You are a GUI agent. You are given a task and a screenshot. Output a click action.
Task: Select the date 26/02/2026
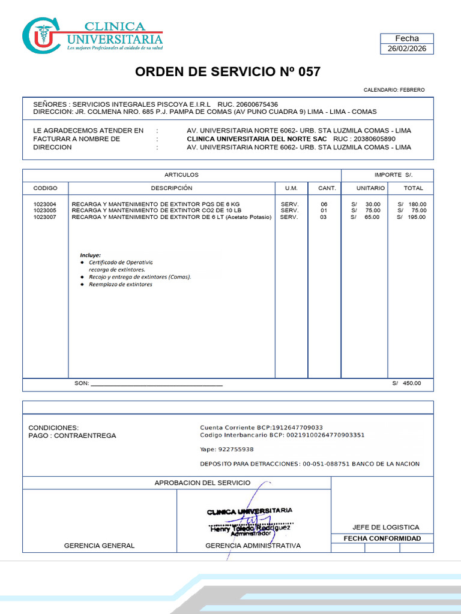coord(407,49)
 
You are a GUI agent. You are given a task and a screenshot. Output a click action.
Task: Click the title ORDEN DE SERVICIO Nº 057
coord(227,72)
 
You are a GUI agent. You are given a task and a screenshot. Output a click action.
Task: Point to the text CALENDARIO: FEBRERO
coord(394,90)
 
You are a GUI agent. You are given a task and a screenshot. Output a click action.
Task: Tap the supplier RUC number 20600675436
coord(256,104)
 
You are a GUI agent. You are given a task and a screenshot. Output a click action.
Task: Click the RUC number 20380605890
coord(375,139)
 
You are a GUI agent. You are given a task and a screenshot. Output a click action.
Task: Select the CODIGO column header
coord(45,188)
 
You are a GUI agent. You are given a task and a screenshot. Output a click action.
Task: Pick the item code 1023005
coord(45,210)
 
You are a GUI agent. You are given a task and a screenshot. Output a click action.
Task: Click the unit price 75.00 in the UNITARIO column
coord(372,210)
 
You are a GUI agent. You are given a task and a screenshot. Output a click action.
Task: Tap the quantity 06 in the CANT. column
coord(324,204)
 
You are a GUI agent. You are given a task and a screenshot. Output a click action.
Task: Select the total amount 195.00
coord(417,217)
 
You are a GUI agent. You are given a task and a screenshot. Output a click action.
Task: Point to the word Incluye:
coord(91,255)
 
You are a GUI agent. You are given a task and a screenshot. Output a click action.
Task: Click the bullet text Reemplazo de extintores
coord(121,284)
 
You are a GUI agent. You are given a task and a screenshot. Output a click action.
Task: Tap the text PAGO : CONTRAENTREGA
coord(73,436)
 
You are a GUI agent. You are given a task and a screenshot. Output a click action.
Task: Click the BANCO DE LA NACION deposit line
coord(310,464)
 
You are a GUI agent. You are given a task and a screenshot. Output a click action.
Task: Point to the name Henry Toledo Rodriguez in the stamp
coord(250,528)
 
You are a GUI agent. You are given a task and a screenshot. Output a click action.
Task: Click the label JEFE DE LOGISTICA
coord(386,527)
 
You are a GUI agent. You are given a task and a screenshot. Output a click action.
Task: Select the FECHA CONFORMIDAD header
coord(382,538)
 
